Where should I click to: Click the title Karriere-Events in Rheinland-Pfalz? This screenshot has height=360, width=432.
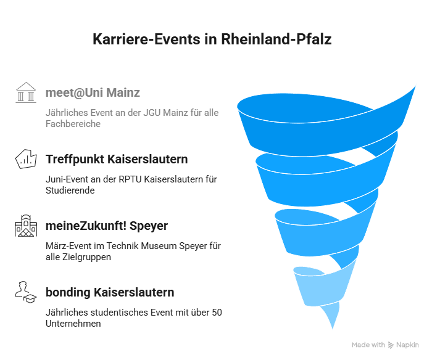point(212,39)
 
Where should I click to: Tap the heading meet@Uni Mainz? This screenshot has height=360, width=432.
point(93,92)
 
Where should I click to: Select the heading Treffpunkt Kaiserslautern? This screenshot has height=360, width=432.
point(117,160)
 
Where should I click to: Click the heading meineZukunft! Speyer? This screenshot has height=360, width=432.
point(107,226)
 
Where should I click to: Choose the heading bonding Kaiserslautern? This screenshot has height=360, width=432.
point(110,293)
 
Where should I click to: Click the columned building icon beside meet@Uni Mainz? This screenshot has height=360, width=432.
point(26,92)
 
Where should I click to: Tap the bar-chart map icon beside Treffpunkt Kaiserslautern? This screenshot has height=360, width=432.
point(26,159)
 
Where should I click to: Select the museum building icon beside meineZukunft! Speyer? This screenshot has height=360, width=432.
point(26,226)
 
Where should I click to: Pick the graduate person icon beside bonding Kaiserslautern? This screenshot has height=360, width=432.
point(26,292)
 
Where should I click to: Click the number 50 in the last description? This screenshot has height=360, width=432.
point(217,313)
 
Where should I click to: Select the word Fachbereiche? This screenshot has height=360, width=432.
point(73,124)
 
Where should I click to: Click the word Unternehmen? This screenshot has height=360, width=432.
point(73,324)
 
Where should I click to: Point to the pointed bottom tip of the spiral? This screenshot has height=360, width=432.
point(333,329)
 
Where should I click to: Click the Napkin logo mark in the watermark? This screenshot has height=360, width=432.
point(391,345)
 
